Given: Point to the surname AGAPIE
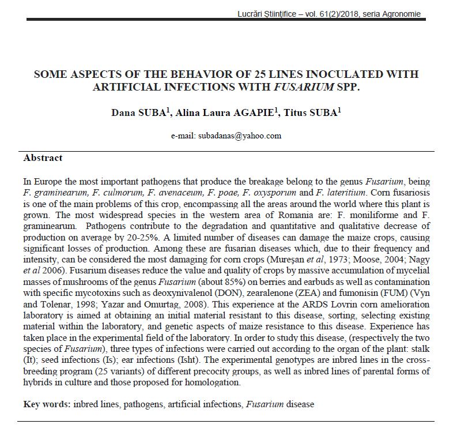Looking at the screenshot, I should click(x=235, y=112).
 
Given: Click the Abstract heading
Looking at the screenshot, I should click(x=43, y=157).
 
